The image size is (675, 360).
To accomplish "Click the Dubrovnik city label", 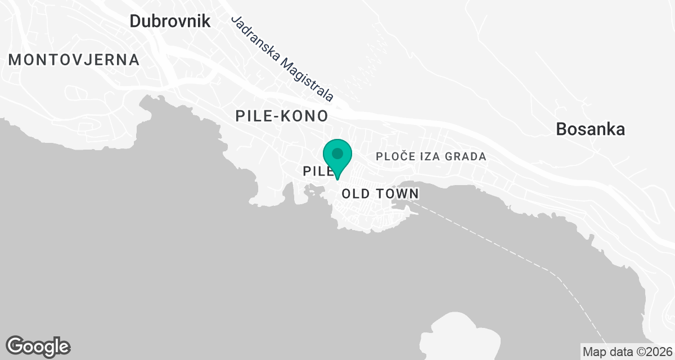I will [x=170, y=21].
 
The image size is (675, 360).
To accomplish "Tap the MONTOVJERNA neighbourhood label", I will [x=74, y=60].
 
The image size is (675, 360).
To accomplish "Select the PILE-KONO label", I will [x=281, y=116].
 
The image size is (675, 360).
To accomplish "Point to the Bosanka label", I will [x=590, y=129].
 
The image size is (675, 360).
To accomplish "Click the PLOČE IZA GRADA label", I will [x=431, y=156].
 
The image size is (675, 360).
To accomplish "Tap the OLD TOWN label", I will [x=380, y=194].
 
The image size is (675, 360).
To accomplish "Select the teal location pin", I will [x=337, y=157].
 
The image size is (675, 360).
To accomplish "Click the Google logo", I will [x=38, y=346].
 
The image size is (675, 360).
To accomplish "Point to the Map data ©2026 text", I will [x=627, y=352].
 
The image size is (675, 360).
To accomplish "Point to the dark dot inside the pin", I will [x=337, y=153].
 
